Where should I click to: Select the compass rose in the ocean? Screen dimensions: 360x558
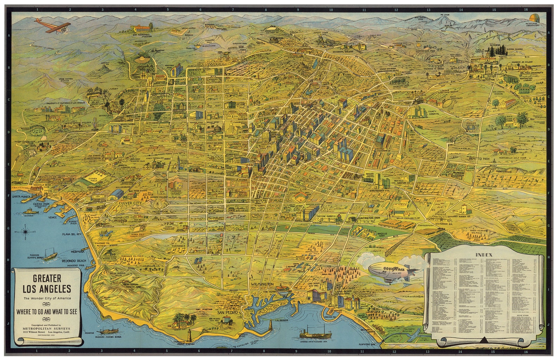[26, 231]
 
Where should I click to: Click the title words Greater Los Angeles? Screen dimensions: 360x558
[47, 284]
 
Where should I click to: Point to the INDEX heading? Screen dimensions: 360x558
[484, 255]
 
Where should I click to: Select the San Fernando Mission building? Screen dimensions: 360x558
[142, 28]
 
